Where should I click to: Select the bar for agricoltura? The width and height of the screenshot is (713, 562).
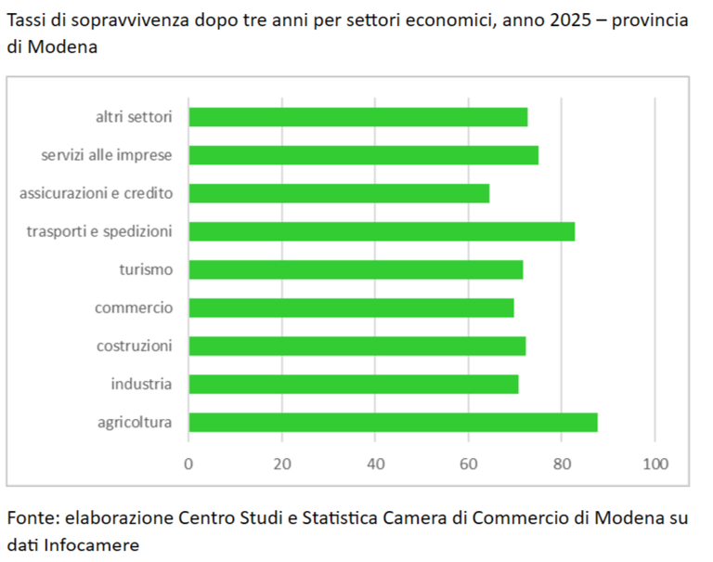[x=393, y=422]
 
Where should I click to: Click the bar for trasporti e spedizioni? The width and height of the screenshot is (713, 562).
[x=382, y=231]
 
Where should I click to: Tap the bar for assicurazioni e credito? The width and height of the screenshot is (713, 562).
[x=339, y=193]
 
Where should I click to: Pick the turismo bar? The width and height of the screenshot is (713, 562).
[x=356, y=269]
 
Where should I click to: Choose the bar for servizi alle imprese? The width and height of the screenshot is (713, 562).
[x=363, y=155]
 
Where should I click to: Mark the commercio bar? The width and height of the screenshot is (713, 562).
[x=351, y=307]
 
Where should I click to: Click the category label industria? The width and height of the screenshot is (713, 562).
[x=141, y=384]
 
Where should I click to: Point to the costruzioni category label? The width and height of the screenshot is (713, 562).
[x=135, y=346]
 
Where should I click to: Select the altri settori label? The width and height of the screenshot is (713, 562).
[x=134, y=117]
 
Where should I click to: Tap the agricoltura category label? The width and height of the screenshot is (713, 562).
[x=135, y=423]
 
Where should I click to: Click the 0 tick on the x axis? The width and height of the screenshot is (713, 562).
[x=188, y=464]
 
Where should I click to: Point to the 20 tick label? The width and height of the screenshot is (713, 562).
[x=282, y=464]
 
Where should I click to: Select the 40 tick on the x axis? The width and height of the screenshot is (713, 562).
[x=375, y=464]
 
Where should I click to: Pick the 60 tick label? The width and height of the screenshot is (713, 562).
[x=469, y=464]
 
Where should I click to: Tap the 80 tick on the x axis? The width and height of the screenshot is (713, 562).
[x=562, y=464]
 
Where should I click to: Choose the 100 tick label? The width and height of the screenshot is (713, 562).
[x=655, y=464]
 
